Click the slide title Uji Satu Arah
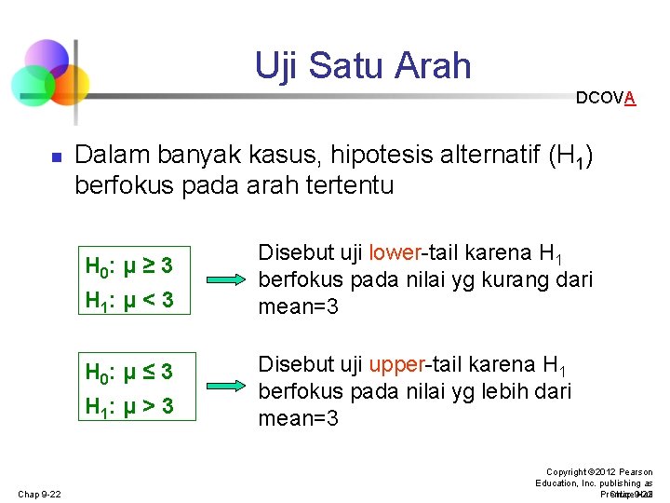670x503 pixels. (x=363, y=66)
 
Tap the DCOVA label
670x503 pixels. (x=605, y=98)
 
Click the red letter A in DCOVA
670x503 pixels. (x=630, y=98)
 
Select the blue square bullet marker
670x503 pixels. (x=55, y=159)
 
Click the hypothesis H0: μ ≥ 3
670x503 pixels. (x=128, y=265)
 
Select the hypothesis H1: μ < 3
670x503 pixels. (x=128, y=301)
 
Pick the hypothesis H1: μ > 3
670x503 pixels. (x=128, y=407)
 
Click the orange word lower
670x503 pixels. (x=395, y=252)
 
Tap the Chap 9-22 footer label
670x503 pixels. (x=38, y=494)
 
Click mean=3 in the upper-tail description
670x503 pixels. (x=298, y=418)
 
